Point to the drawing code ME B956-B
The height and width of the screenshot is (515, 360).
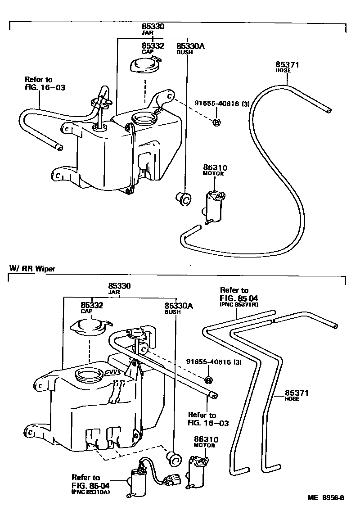pyautogui.click(x=326, y=498)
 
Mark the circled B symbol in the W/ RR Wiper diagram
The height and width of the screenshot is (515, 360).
pyautogui.click(x=208, y=380)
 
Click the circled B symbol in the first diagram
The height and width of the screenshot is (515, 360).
pyautogui.click(x=216, y=122)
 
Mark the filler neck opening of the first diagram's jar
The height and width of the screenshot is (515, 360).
pyautogui.click(x=144, y=119)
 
